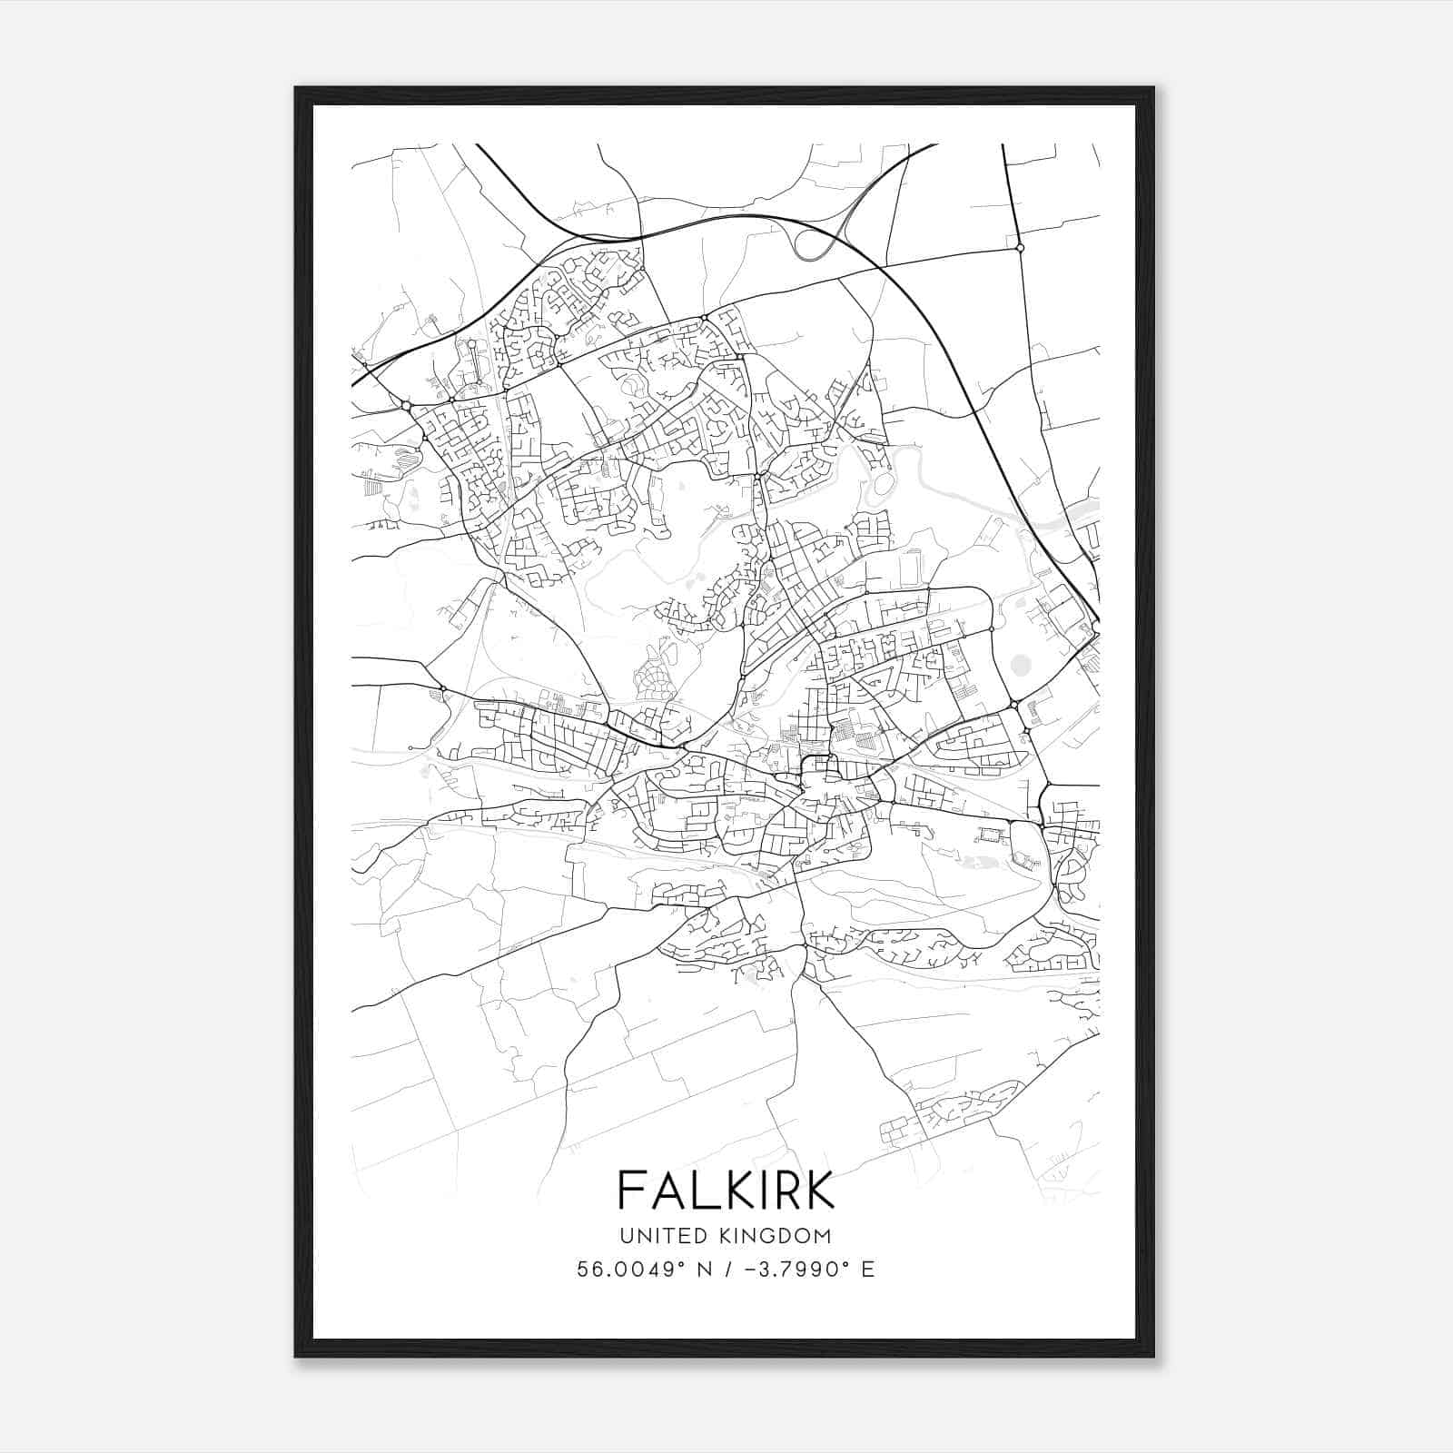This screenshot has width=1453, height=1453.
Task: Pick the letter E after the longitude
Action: [868, 1270]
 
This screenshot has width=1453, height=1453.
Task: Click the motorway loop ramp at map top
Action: [814, 242]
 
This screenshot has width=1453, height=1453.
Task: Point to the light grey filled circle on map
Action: [1021, 667]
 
